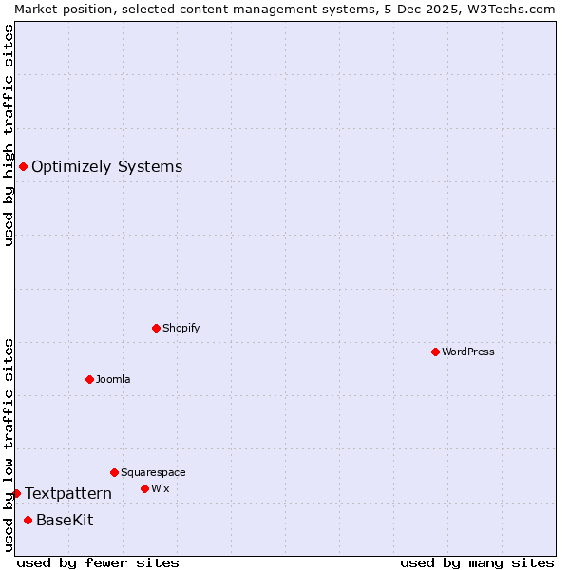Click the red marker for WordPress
[435, 351]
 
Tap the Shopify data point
[156, 328]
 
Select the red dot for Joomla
[89, 379]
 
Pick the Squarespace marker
[114, 472]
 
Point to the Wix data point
[144, 488]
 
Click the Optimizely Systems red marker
[23, 167]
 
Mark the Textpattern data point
[16, 493]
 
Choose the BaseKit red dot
[28, 520]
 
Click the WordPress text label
[468, 351]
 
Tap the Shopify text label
[180, 328]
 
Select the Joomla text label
[113, 379]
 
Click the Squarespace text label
[153, 472]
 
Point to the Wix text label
[160, 488]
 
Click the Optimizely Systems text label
[106, 167]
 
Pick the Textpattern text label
[68, 493]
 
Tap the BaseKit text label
[65, 520]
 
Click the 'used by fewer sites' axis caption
[98, 562]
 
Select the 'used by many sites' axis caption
[477, 562]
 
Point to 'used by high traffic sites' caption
[9, 135]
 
